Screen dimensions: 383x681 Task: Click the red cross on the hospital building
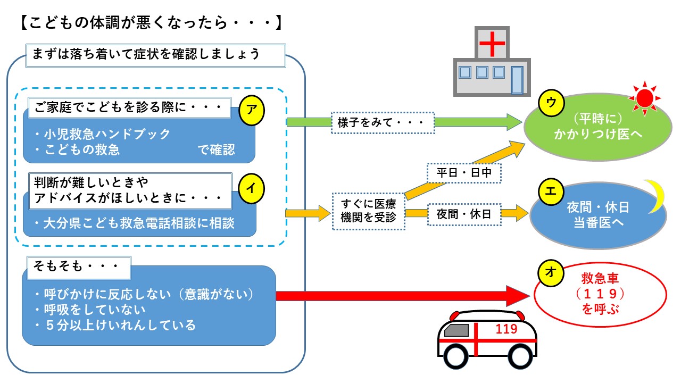pyautogui.click(x=492, y=44)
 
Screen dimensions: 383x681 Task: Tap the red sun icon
pyautogui.click(x=644, y=98)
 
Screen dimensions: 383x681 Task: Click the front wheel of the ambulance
pyautogui.click(x=459, y=355)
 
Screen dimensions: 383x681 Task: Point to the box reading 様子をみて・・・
pyautogui.click(x=382, y=122)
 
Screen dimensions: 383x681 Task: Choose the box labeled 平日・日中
pyautogui.click(x=464, y=173)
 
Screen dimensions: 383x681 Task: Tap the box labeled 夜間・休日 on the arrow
pyautogui.click(x=464, y=214)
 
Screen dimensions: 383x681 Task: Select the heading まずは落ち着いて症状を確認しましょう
pyautogui.click(x=153, y=54)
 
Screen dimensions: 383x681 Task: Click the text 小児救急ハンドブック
pyautogui.click(x=105, y=134)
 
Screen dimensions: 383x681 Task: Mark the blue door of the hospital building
pyautogui.click(x=517, y=80)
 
